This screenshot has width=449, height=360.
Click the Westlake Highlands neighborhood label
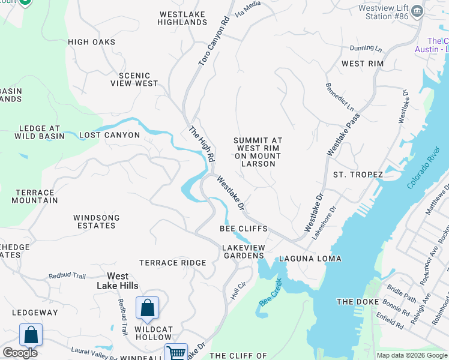(x=182, y=18)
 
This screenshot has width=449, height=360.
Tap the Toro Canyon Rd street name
(x=214, y=41)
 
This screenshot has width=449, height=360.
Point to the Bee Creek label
(x=270, y=292)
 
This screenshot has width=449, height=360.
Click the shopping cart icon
(x=176, y=353)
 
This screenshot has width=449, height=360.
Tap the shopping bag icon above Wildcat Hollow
(x=147, y=308)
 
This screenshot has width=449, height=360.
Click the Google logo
(x=20, y=352)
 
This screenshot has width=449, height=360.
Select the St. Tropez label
(x=358, y=175)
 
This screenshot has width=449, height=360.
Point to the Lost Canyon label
(x=109, y=135)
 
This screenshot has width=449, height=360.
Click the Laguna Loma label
(x=310, y=259)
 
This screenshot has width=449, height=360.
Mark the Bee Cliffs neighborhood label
(x=243, y=229)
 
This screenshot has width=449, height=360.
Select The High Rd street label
(x=202, y=144)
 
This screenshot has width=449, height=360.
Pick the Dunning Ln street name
(x=366, y=49)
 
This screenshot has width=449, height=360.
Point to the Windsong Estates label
(x=96, y=221)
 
